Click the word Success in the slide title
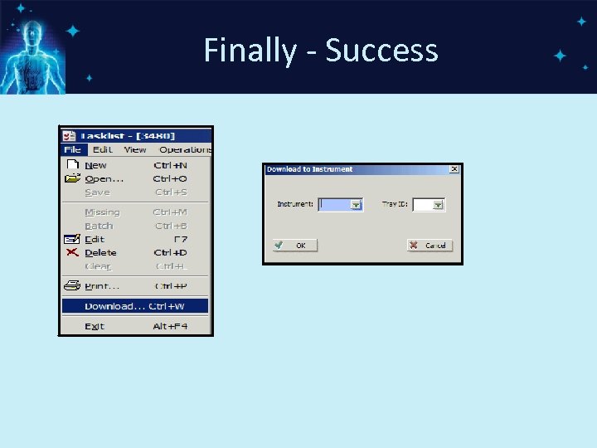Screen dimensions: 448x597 tap(381, 51)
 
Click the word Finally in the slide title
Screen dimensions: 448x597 tap(250, 51)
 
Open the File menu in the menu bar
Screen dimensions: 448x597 tap(72, 150)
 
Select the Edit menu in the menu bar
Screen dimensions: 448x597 tap(103, 150)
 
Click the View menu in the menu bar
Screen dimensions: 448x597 tap(135, 150)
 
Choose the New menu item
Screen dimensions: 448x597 tap(96, 165)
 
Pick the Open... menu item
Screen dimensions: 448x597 tap(104, 178)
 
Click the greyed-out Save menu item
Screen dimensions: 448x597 tap(97, 192)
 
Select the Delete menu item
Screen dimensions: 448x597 tap(100, 252)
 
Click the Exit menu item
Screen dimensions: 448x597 tap(95, 326)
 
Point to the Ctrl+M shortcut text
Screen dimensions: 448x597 tap(171, 212)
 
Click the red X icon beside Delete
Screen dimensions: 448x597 tap(72, 252)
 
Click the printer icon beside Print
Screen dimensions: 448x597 tap(72, 286)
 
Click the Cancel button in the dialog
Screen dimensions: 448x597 tap(429, 246)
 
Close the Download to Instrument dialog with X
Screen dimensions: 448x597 tap(454, 169)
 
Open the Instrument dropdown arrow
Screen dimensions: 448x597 tap(356, 205)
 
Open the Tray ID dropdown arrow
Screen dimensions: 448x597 tap(438, 205)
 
